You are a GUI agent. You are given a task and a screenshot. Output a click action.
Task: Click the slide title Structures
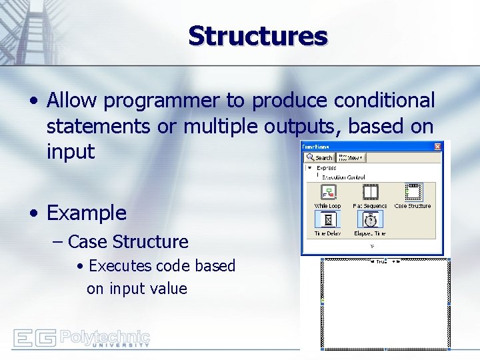point(258,36)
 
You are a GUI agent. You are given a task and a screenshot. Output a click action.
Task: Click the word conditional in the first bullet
point(384,101)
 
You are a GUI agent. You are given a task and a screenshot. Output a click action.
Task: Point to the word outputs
point(317,126)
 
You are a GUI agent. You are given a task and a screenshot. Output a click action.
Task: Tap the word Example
point(86,213)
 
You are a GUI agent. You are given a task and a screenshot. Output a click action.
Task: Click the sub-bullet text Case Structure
point(128,241)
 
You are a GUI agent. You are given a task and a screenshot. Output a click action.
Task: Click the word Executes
point(120,266)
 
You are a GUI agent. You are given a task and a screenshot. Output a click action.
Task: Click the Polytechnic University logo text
point(105,337)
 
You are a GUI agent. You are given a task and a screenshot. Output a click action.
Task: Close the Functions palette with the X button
point(438,146)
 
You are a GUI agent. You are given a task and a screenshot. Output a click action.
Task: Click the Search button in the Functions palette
point(320,158)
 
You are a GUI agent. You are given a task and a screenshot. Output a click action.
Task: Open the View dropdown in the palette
point(351,158)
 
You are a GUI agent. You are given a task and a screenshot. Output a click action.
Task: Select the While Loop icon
point(327,193)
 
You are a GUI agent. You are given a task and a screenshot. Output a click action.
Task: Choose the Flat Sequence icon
point(370,193)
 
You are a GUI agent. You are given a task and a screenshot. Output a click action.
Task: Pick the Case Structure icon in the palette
point(413,193)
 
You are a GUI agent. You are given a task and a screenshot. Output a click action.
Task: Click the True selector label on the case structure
point(381,261)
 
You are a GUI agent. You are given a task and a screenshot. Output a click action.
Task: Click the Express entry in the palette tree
point(327,168)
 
